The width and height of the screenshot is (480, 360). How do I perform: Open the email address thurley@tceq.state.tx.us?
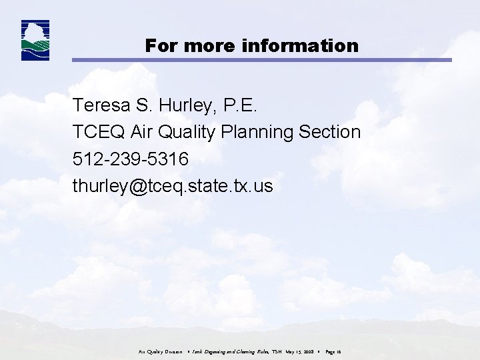(x=173, y=186)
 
